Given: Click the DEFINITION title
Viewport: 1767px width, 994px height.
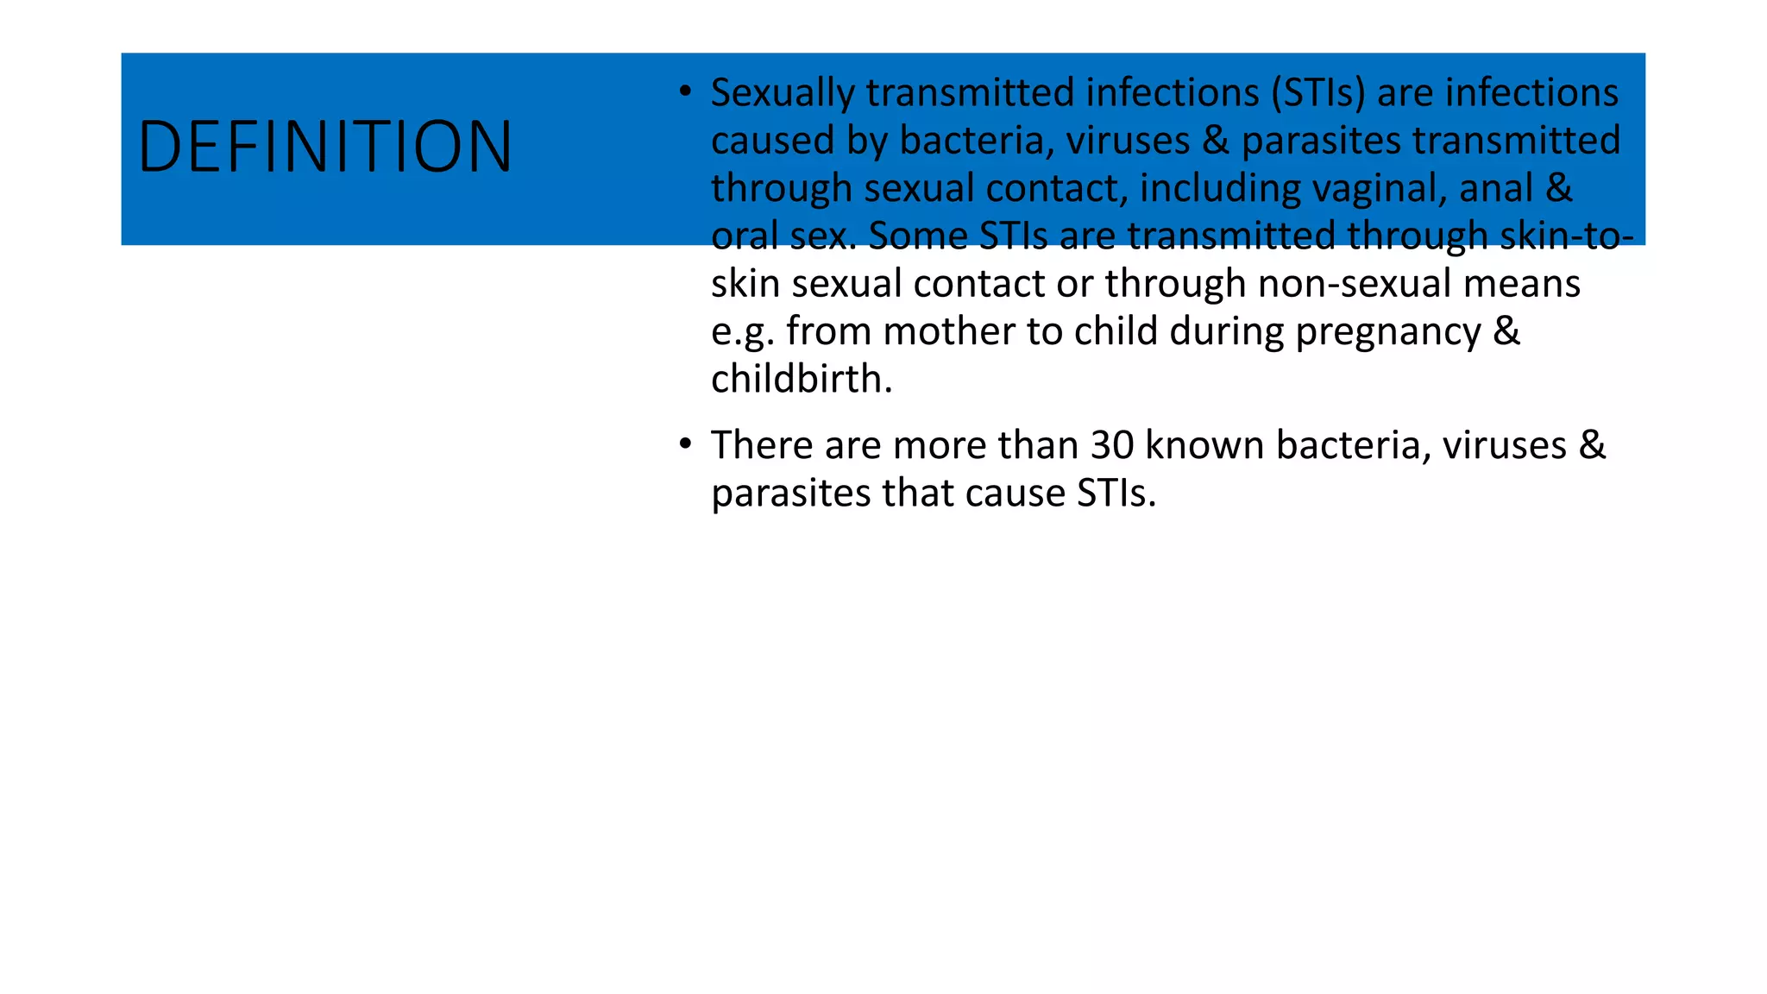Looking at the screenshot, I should [x=324, y=148].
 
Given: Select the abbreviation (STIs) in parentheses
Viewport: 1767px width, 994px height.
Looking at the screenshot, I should [x=1318, y=93].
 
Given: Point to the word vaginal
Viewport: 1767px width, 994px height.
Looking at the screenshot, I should [x=1380, y=188].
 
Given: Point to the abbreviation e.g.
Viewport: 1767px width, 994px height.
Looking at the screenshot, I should [x=742, y=332].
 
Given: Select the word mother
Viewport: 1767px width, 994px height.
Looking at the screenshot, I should [x=948, y=331].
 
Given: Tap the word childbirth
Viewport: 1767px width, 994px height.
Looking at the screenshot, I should [x=801, y=380].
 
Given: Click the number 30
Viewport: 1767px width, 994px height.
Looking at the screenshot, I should [x=1112, y=445].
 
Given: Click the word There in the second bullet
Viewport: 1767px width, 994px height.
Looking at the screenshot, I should [x=762, y=445].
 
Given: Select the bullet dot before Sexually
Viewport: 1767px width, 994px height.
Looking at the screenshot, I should [x=685, y=91].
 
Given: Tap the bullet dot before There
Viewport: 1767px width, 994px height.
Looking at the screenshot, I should [x=685, y=444].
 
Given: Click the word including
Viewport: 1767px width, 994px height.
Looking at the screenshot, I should [x=1220, y=188].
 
